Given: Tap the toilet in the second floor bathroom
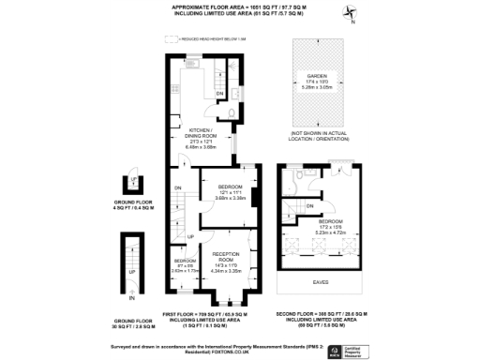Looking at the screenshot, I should click(x=294, y=173).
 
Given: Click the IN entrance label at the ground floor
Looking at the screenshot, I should click(x=132, y=298).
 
